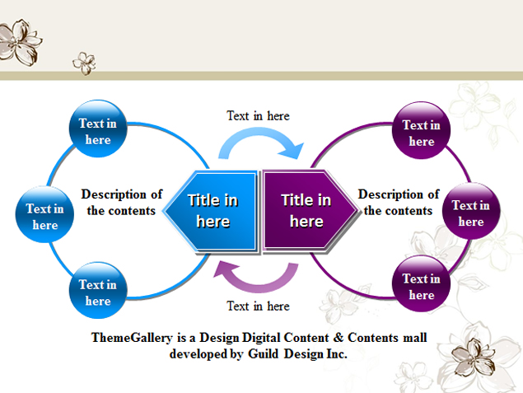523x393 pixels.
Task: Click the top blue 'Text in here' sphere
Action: [x=97, y=132]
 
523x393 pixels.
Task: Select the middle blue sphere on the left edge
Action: [x=44, y=217]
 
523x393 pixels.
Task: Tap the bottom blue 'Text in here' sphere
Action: [x=97, y=292]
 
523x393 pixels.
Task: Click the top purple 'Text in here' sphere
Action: [x=421, y=133]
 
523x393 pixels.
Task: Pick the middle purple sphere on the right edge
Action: [x=470, y=213]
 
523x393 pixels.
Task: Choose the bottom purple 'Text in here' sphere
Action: [x=421, y=287]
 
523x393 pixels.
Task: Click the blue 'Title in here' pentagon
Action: [x=212, y=210]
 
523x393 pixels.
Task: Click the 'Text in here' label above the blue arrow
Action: [x=258, y=116]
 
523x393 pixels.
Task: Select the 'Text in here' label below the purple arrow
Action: [x=258, y=306]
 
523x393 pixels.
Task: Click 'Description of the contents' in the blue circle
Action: [x=122, y=203]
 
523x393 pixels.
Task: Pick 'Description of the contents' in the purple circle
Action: [x=399, y=203]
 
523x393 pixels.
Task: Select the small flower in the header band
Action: [x=84, y=62]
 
